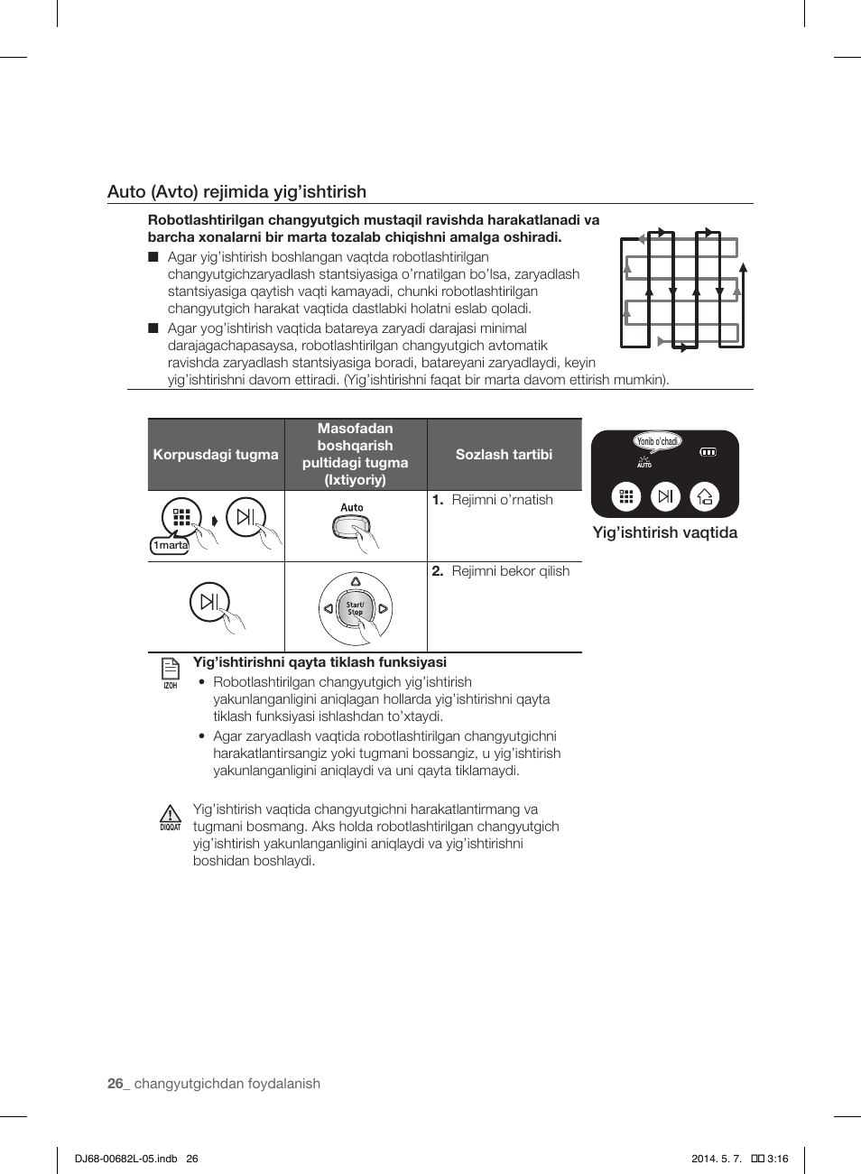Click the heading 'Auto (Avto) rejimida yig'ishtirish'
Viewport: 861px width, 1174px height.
(236, 191)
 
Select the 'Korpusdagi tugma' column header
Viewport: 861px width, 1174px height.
(216, 455)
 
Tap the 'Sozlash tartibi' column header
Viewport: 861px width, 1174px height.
(504, 455)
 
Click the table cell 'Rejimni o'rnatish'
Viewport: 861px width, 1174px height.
(502, 500)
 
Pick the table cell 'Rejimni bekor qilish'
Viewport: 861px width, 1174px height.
(510, 571)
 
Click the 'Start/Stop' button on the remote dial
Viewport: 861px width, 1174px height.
(356, 608)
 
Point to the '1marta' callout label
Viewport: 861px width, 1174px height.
(170, 545)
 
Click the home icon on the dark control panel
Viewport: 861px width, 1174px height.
(705, 496)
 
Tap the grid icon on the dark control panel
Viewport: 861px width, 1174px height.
(626, 496)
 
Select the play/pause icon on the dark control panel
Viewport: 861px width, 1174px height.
(665, 496)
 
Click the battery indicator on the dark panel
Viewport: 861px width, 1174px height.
(708, 452)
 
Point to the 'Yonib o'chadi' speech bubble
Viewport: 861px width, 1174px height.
(657, 441)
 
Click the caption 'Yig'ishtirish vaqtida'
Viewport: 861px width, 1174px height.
(664, 532)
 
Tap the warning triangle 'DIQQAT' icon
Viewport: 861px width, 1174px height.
(170, 817)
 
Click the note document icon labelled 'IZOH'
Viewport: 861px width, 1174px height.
(170, 670)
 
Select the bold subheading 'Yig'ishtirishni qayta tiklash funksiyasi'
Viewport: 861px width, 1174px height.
(319, 662)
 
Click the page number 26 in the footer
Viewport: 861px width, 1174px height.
(115, 1084)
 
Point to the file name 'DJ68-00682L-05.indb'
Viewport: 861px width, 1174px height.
(126, 1159)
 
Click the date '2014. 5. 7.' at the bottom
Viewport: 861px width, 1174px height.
(717, 1159)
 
